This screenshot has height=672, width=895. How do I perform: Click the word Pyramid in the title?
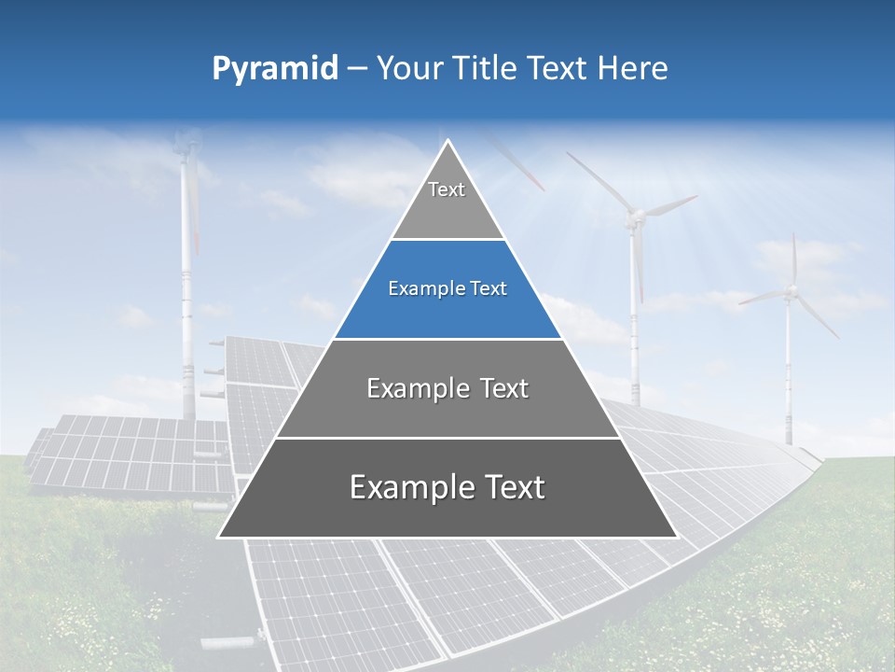(x=275, y=69)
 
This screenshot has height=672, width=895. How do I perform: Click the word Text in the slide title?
(x=559, y=69)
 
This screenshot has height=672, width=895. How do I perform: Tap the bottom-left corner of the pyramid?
(x=219, y=537)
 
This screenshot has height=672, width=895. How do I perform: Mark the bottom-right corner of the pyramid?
(x=677, y=537)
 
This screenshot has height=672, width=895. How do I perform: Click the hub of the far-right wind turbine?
(x=791, y=292)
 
